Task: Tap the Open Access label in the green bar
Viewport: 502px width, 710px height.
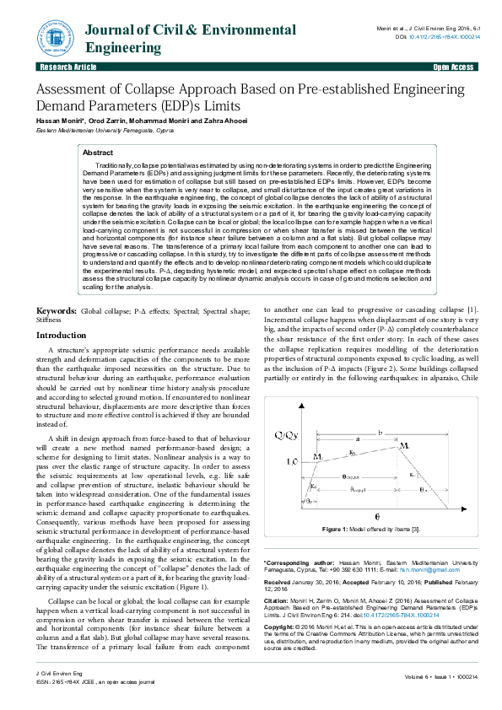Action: coord(453,66)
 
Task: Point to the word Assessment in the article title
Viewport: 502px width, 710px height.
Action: coord(74,90)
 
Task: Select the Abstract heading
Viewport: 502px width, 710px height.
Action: coord(99,153)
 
